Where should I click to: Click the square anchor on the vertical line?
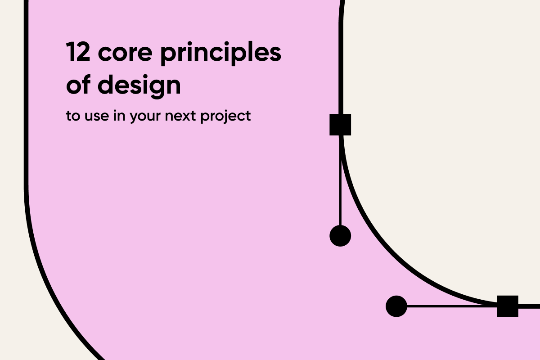click(x=340, y=125)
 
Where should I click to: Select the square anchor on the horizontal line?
click(x=507, y=306)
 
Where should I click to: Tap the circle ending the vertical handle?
click(x=340, y=235)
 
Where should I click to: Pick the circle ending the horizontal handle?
click(x=396, y=306)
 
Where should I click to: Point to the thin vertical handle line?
click(x=340, y=180)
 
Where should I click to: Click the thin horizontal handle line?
click(x=450, y=306)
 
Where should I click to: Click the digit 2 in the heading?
click(x=83, y=54)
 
